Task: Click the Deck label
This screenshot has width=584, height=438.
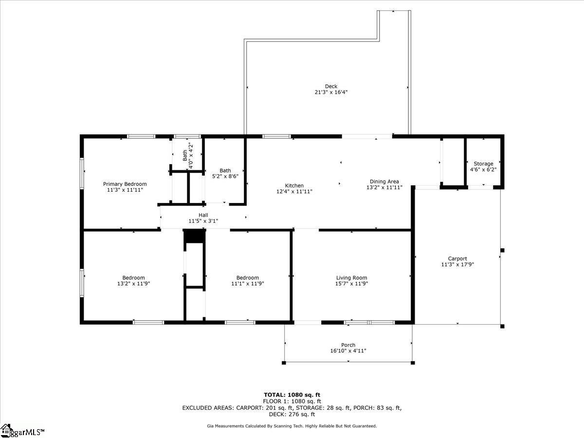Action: [x=331, y=87]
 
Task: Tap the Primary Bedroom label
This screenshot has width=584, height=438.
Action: [x=125, y=184]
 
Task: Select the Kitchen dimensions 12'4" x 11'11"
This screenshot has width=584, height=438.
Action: [x=294, y=192]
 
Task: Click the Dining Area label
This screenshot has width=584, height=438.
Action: [x=384, y=182]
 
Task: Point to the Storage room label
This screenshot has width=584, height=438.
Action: [x=483, y=164]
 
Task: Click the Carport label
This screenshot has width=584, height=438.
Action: [x=457, y=259]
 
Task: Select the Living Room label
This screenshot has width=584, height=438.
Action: [x=351, y=278]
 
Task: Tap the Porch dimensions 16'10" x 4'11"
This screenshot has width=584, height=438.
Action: [x=348, y=351]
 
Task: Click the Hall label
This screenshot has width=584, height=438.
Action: [x=203, y=215]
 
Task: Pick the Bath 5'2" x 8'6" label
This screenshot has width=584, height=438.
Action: [x=225, y=173]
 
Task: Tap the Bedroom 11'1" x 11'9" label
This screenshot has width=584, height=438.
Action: [x=247, y=280]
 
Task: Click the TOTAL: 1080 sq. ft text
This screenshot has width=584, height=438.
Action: [x=292, y=395]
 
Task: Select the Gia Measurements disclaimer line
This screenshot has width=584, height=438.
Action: [x=292, y=426]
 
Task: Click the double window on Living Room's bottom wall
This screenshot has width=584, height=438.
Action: [x=369, y=322]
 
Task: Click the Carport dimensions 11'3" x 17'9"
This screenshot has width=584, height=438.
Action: [x=457, y=265]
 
